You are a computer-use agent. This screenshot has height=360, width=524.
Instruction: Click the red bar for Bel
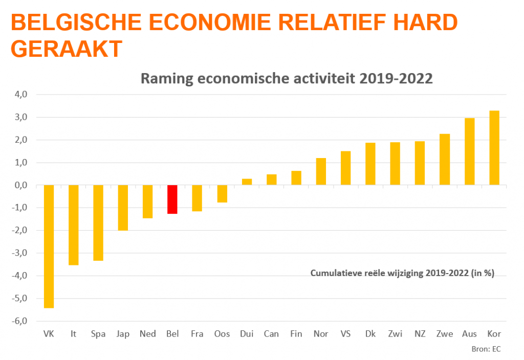tap(172, 199)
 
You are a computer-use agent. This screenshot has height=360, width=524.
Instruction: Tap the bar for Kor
tap(494, 148)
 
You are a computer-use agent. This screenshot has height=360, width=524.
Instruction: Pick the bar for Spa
tap(98, 223)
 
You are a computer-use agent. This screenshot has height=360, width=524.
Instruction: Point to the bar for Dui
tap(247, 182)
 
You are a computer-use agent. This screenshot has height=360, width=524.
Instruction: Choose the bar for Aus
tap(469, 151)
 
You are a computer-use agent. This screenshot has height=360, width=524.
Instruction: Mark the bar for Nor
tap(321, 171)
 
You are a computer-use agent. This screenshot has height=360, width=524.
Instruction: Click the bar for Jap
tap(123, 208)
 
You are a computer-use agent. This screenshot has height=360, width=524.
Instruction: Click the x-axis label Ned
tap(148, 334)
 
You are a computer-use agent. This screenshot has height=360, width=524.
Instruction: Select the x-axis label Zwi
tap(395, 334)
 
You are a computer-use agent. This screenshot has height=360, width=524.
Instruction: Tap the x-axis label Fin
tap(296, 334)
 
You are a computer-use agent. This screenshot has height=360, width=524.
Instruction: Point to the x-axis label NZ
tap(420, 334)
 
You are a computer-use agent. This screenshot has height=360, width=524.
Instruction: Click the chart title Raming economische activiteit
tap(287, 79)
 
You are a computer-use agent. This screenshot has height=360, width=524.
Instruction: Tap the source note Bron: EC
tap(486, 349)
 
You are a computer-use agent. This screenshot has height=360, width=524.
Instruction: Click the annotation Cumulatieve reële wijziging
tap(402, 273)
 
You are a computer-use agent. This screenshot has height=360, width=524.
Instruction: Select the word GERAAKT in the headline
tap(67, 49)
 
